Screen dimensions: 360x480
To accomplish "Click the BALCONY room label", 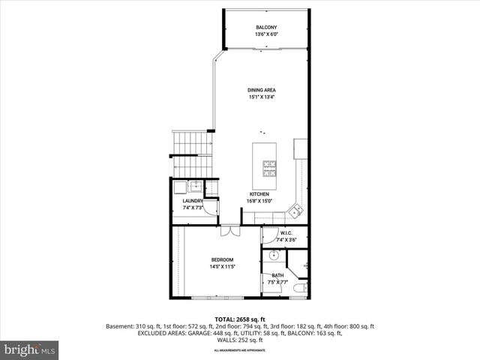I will pos(266,27).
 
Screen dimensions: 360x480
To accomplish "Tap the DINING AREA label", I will pos(262,90).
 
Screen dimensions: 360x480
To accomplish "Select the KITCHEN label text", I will pos(259,193).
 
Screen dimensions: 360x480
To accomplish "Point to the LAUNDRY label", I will pos(193,201).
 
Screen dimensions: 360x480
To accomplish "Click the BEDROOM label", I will pos(222,259).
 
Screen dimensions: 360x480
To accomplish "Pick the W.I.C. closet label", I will pos(286,233).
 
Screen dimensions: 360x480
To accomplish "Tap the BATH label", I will pos(277,275).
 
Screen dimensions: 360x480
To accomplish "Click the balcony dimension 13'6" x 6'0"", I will pos(266,34).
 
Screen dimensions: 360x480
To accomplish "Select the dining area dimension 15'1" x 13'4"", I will pos(262,97).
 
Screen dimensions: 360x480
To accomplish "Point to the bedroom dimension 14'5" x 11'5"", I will pos(222,266).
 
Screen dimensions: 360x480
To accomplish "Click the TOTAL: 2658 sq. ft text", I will pos(239,319).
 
